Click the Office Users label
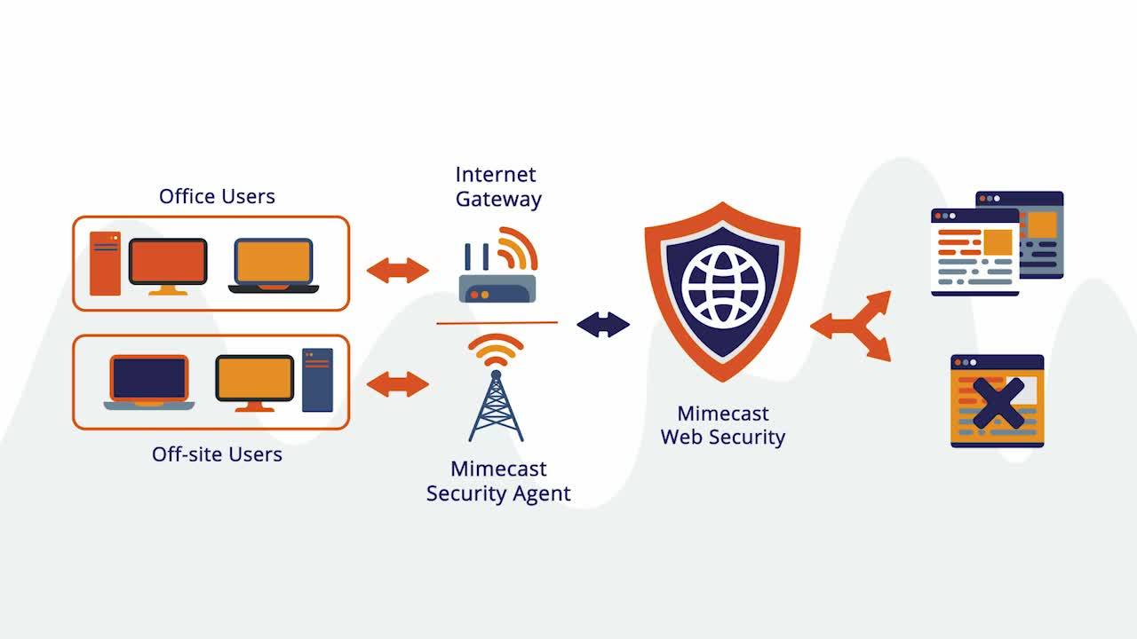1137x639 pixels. [x=217, y=196]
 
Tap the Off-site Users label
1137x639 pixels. [x=217, y=454]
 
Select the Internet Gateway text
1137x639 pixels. [x=497, y=186]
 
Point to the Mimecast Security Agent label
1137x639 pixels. [x=498, y=481]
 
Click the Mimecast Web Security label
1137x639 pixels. [x=722, y=425]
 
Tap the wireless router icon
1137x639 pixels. [x=497, y=266]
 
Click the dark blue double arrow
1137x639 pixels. [x=603, y=325]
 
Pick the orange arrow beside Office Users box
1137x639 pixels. [x=397, y=270]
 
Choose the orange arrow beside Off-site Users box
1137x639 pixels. [x=397, y=384]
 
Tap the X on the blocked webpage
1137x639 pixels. [x=998, y=403]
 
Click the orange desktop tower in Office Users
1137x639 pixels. [x=105, y=264]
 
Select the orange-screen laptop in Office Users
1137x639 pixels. [x=274, y=265]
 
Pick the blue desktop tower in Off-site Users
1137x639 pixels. [x=317, y=380]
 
